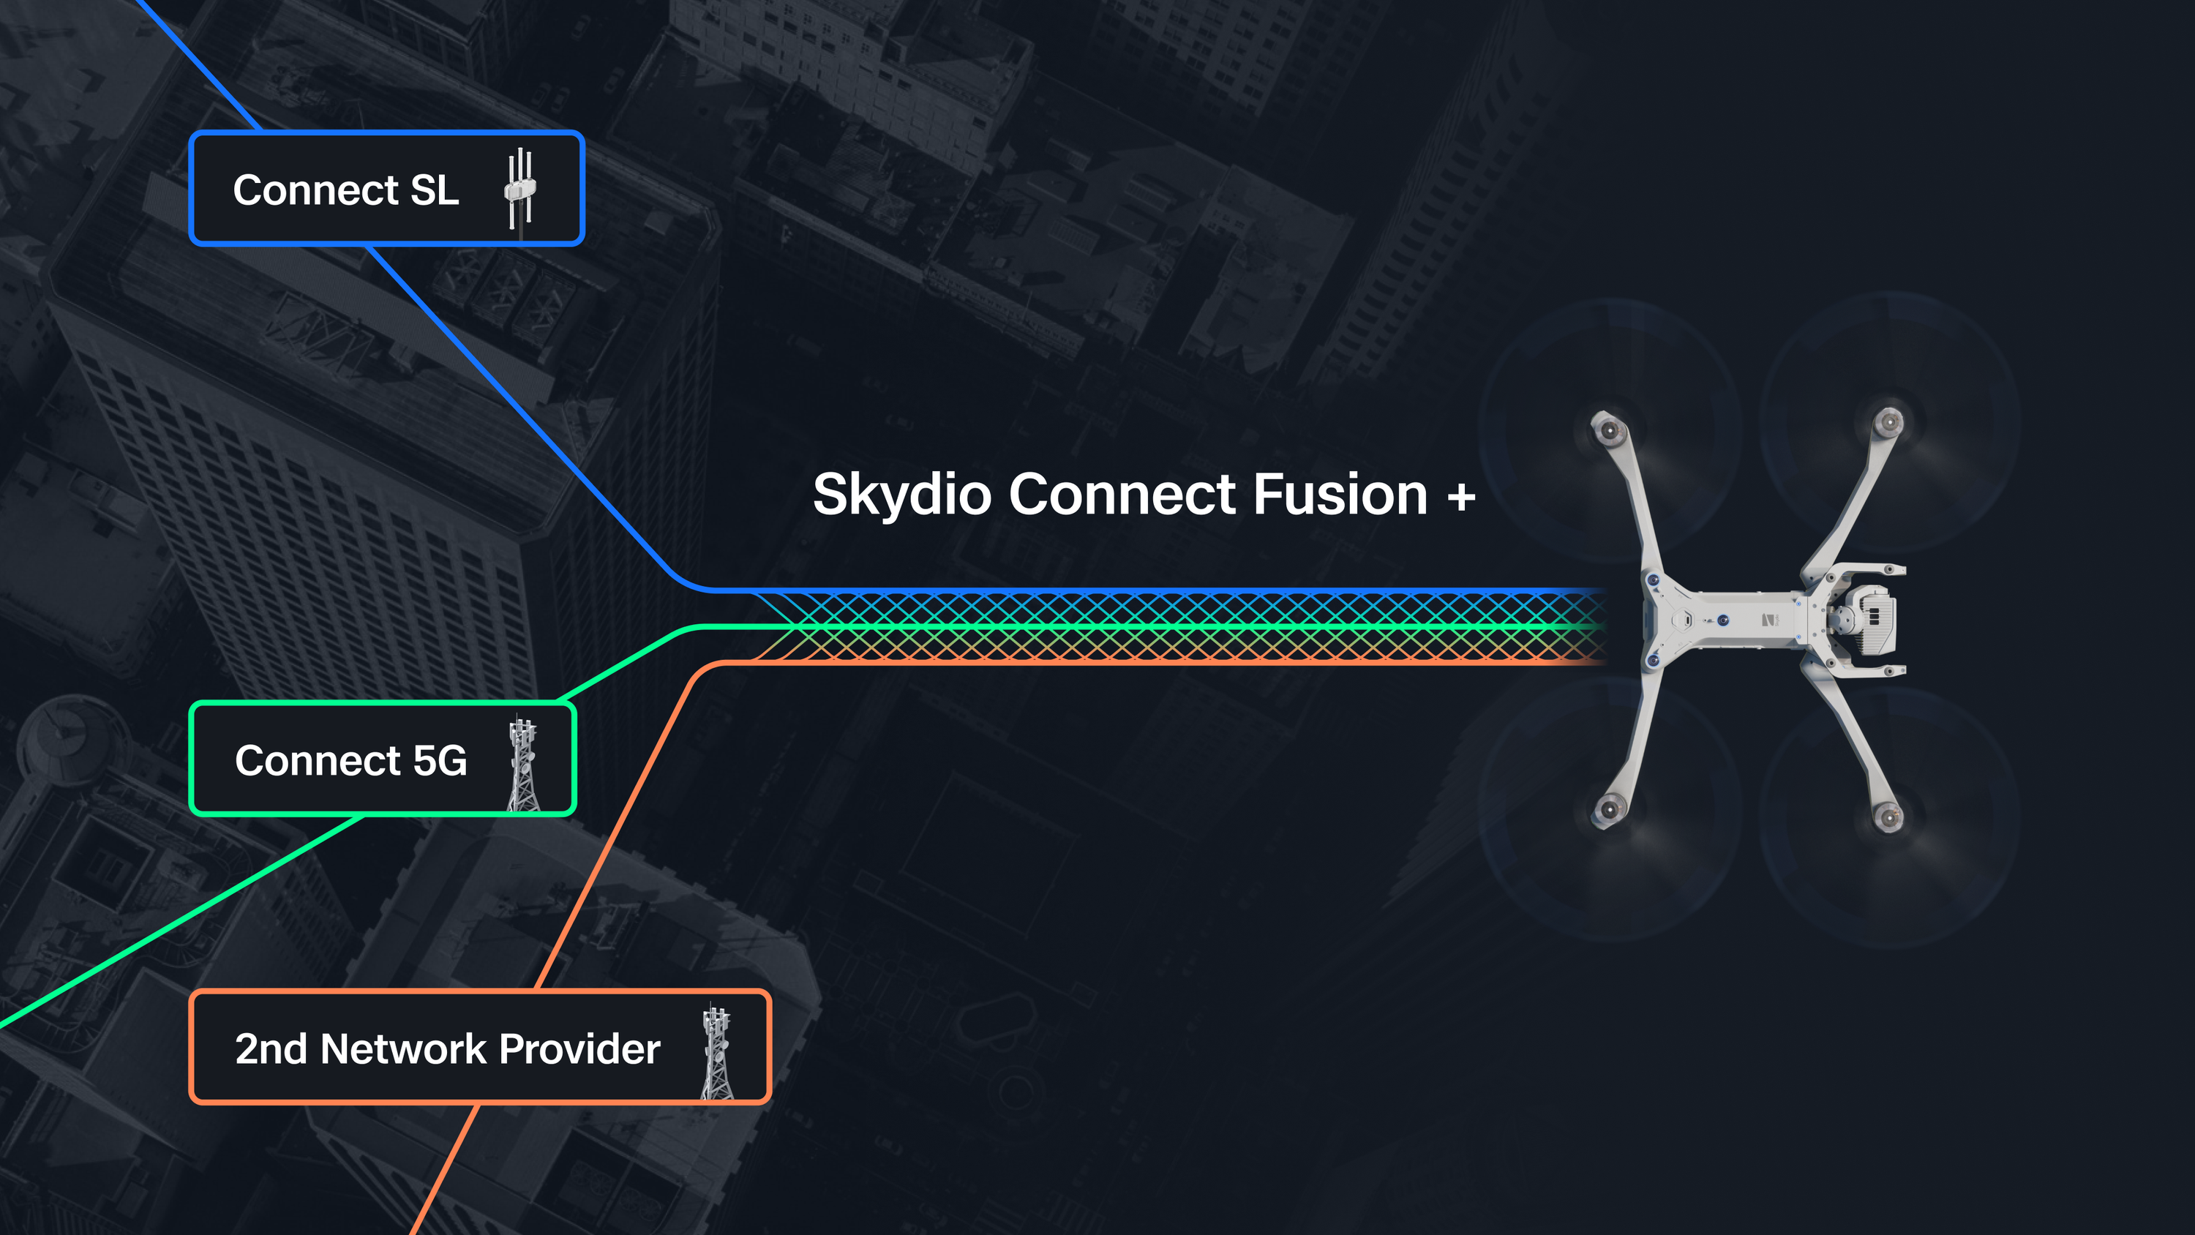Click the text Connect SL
[x=346, y=189]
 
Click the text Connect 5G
[x=351, y=760]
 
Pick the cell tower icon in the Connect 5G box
[x=523, y=764]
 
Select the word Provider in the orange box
[x=579, y=1048]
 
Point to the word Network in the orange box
[x=403, y=1048]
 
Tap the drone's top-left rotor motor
[x=1609, y=429]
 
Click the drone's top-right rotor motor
[x=1889, y=421]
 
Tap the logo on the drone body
[x=1770, y=620]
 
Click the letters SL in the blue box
[x=435, y=189]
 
